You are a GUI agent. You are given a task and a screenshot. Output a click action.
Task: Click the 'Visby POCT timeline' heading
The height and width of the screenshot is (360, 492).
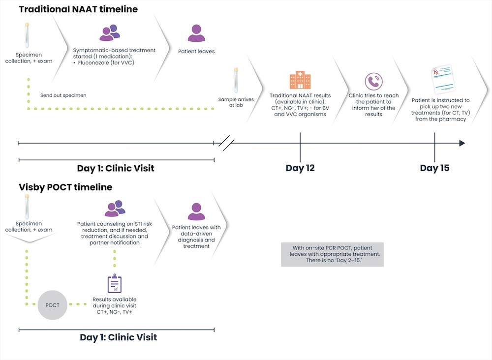65,187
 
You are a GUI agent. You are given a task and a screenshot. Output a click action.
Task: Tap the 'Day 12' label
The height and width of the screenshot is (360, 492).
300,168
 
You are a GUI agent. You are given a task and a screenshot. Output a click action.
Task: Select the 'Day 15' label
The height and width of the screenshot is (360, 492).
434,168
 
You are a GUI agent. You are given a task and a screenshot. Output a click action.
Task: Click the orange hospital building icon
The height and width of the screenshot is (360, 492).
300,80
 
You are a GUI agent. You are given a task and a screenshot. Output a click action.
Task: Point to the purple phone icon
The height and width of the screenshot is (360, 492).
373,81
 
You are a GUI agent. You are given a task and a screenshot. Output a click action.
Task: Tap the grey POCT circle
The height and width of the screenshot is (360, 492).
52,305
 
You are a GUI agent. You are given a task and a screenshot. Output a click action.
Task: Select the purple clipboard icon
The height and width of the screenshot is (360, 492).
115,284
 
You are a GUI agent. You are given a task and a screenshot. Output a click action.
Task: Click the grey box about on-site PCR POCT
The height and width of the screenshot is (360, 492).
332,254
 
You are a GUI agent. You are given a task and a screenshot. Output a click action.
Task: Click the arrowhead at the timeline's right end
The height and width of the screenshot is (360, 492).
461,143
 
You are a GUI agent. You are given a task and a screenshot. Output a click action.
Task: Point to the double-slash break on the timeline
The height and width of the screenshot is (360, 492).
226,143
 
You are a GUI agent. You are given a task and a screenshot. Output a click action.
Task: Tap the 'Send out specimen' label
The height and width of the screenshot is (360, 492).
63,95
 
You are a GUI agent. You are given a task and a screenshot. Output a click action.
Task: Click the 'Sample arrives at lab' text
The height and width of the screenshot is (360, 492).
236,102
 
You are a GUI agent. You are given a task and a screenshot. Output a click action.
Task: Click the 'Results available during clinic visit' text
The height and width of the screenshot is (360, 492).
115,302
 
